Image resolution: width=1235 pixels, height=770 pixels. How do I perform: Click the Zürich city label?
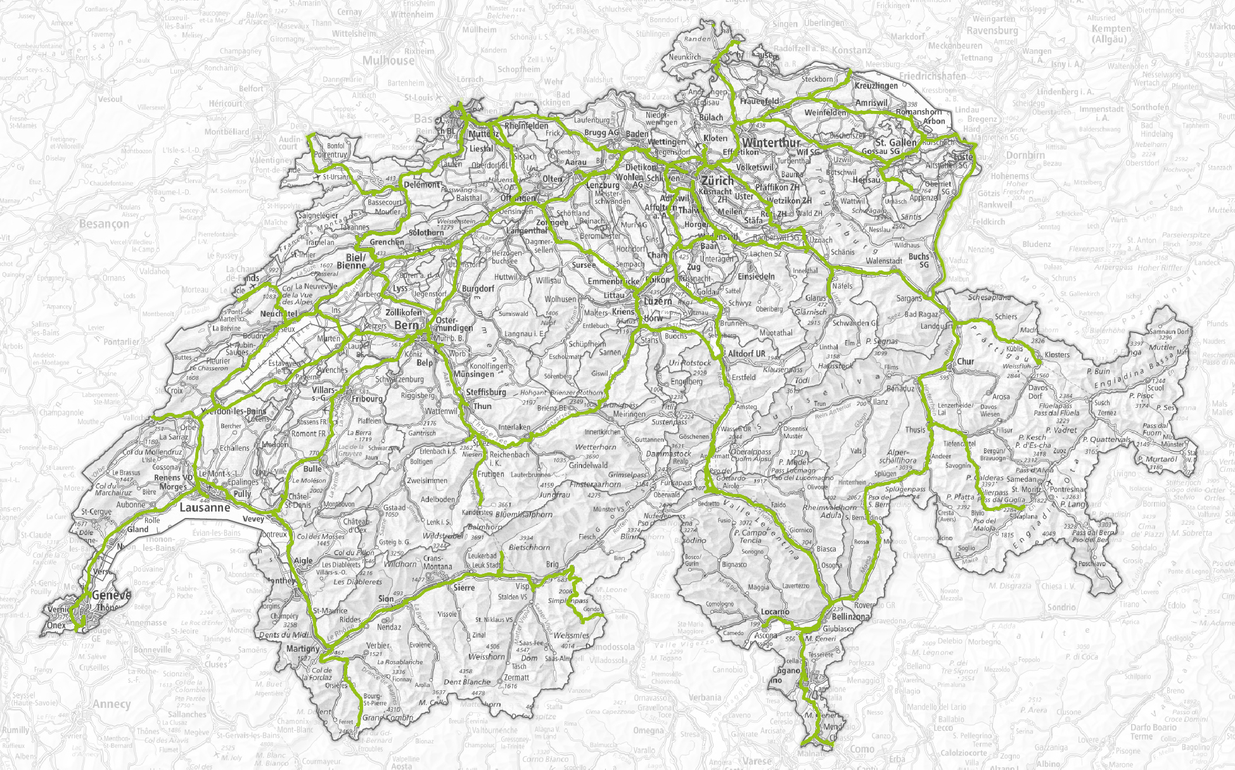coord(717,180)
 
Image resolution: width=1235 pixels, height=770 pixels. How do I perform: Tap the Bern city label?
coord(406,325)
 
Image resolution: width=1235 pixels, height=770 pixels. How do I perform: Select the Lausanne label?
coord(204,508)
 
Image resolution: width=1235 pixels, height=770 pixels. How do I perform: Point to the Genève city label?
coord(112,596)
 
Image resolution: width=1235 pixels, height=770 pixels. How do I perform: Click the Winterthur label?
coord(771,143)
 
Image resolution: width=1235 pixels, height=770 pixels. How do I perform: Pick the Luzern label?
coord(658,301)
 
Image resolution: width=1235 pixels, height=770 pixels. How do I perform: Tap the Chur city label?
coord(966,362)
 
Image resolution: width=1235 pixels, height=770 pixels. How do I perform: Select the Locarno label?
coord(775,612)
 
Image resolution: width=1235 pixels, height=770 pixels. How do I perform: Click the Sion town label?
coord(385,598)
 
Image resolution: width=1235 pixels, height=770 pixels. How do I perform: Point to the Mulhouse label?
coord(388,61)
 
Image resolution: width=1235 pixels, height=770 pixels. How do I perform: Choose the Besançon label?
coord(104,224)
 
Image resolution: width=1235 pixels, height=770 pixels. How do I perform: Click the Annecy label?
coord(112,704)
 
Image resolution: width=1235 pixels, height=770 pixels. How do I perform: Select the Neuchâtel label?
coord(279,314)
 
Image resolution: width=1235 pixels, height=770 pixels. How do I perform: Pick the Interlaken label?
coord(514,427)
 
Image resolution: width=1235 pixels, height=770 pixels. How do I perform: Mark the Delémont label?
coord(421,185)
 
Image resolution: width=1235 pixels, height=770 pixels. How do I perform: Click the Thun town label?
coord(482,406)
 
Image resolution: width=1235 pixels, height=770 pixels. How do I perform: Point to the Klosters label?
coord(1057,355)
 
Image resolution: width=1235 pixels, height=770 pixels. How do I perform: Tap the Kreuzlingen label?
coord(876,85)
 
